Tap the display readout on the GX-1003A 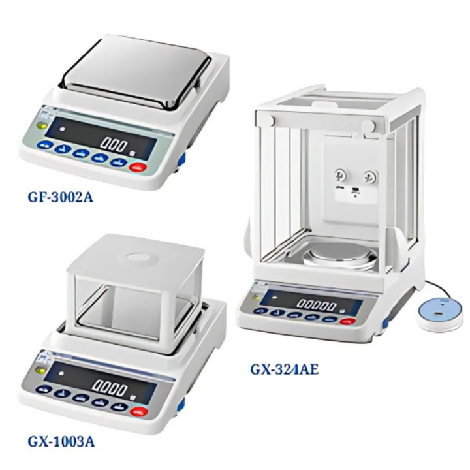[112, 390]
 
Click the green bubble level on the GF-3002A [43, 127]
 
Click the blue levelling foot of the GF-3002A [181, 161]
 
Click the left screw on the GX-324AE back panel [340, 175]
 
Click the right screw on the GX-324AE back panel [370, 176]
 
